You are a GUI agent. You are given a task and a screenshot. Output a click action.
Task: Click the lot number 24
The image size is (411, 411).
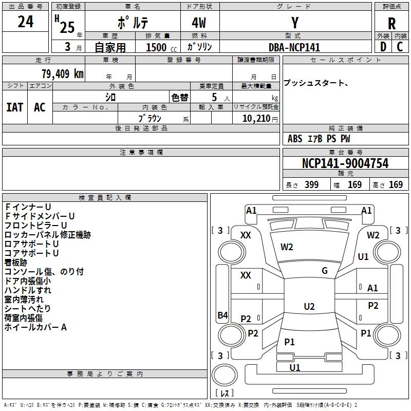coord(25,22)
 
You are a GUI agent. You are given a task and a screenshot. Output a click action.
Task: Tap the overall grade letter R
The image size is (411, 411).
coord(391,24)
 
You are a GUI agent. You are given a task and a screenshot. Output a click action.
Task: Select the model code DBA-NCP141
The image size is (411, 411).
coord(294,47)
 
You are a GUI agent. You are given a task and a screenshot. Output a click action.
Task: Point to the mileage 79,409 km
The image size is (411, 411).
coord(63,73)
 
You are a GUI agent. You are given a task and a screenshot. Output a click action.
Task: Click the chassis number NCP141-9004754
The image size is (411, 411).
coord(345,163)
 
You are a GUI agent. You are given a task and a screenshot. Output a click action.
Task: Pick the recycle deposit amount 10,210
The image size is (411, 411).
coord(256,118)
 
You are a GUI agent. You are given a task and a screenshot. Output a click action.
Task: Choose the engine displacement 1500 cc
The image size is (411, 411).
coord(161,47)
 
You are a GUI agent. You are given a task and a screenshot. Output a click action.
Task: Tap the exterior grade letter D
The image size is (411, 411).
coord(383,47)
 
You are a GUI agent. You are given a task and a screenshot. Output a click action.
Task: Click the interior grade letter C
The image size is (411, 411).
coord(400,47)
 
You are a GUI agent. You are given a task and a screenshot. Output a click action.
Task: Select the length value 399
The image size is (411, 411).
coord(311,184)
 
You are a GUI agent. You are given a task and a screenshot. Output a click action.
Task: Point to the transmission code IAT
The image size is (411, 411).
coord(15,107)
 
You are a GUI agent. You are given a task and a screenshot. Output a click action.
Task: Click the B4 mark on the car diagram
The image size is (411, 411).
coord(223,315)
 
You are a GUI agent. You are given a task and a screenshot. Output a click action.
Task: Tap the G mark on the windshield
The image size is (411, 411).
coord(325,271)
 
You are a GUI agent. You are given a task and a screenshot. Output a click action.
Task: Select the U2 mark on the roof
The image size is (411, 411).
coord(309,306)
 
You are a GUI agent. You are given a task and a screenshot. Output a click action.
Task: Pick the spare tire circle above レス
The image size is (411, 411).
coord(225,375)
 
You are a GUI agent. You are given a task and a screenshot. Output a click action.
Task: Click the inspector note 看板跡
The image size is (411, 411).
coord(16,263)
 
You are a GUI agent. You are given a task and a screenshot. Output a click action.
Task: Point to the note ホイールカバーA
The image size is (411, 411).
coord(35,327)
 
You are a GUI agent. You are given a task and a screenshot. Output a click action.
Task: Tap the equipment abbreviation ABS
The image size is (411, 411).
coord(295,139)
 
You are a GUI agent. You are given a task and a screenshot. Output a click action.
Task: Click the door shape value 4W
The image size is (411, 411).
coord(199,23)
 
